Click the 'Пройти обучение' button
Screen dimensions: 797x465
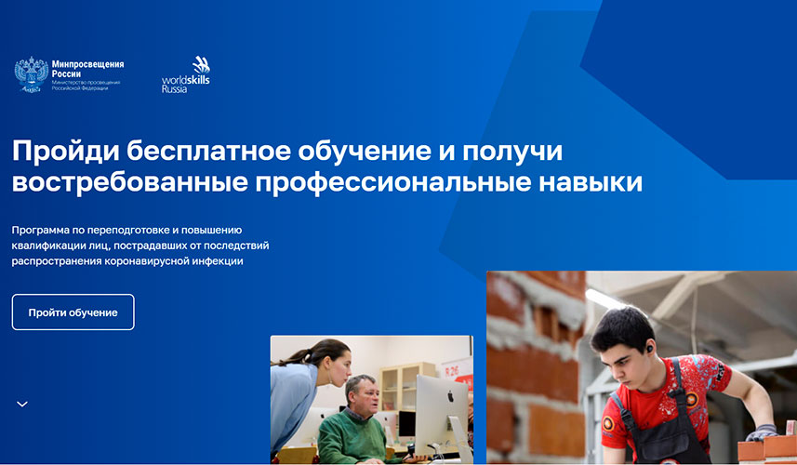[73, 312]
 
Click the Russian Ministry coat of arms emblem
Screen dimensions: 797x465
[31, 74]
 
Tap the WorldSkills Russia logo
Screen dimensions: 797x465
[186, 74]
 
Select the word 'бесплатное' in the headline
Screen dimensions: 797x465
[209, 151]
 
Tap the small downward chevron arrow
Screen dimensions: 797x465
[22, 404]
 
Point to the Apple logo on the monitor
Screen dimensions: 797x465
[450, 395]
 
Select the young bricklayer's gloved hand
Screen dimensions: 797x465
[761, 432]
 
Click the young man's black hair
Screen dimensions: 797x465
[621, 326]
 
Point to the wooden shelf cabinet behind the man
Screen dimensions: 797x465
[406, 386]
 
